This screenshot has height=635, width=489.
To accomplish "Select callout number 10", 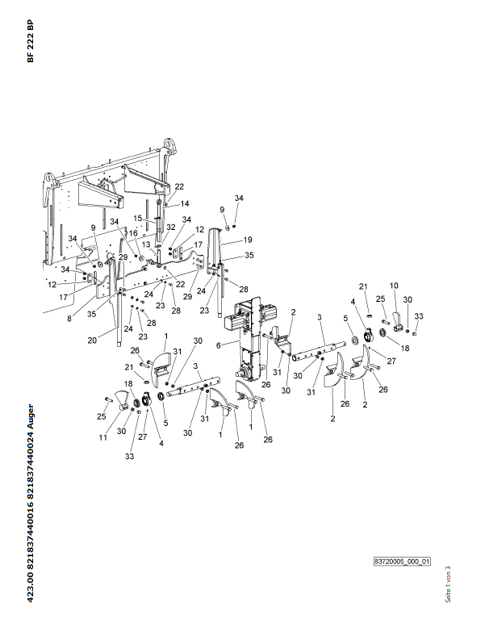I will coord(395,286).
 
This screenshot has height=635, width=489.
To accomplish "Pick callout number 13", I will coord(146,244).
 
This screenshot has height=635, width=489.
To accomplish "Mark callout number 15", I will coord(137,218).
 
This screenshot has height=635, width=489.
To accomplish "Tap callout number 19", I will coord(249,240).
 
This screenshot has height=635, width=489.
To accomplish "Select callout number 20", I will coord(92,340).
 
